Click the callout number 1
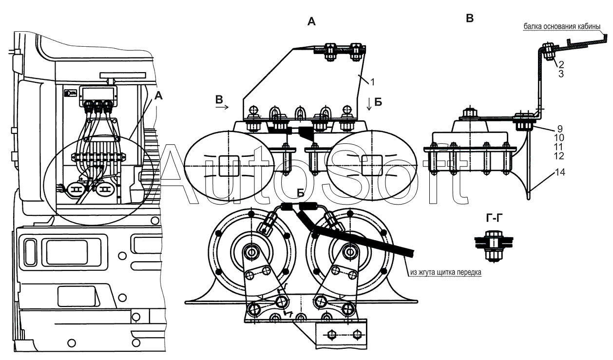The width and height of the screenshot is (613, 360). [x=372, y=82]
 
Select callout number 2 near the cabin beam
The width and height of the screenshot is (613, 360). [x=561, y=64]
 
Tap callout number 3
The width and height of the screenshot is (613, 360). [x=561, y=74]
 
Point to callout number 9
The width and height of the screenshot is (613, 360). [x=561, y=129]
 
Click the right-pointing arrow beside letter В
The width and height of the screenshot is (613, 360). [x=222, y=108]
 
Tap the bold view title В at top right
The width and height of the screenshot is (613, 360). [x=470, y=19]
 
